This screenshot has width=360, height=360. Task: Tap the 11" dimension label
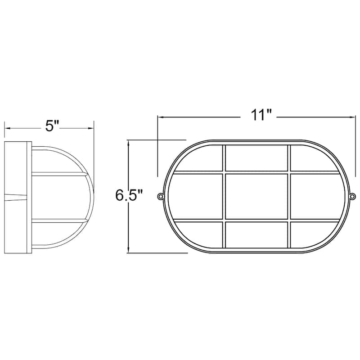tap(261, 115)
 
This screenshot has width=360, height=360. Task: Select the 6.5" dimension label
tap(129, 195)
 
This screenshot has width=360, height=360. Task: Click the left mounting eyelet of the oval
tap(160, 196)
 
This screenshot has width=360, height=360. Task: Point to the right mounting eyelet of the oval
tap(353, 196)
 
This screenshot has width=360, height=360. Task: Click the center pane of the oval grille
tap(256, 196)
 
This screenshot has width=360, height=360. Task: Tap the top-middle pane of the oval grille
tap(256, 158)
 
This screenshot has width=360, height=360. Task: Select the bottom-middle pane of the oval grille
tap(256, 234)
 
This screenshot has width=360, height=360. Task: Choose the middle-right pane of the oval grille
tap(318, 196)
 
